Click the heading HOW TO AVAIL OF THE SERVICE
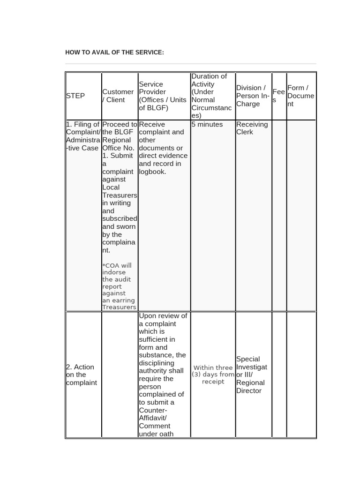tap(114, 52)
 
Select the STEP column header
tap(75, 96)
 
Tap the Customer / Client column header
tap(118, 96)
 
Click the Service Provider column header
tap(162, 96)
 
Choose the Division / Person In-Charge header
tap(253, 96)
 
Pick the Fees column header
tap(278, 96)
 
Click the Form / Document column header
tap(300, 96)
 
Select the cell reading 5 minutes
tap(207, 124)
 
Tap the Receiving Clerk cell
tap(252, 128)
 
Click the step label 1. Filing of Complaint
tap(83, 136)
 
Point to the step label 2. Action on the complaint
tap(82, 375)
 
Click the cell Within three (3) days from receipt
tap(213, 375)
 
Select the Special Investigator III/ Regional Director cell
tap(253, 375)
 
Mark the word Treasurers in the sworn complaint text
tap(120, 195)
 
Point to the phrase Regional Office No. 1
tap(120, 144)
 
